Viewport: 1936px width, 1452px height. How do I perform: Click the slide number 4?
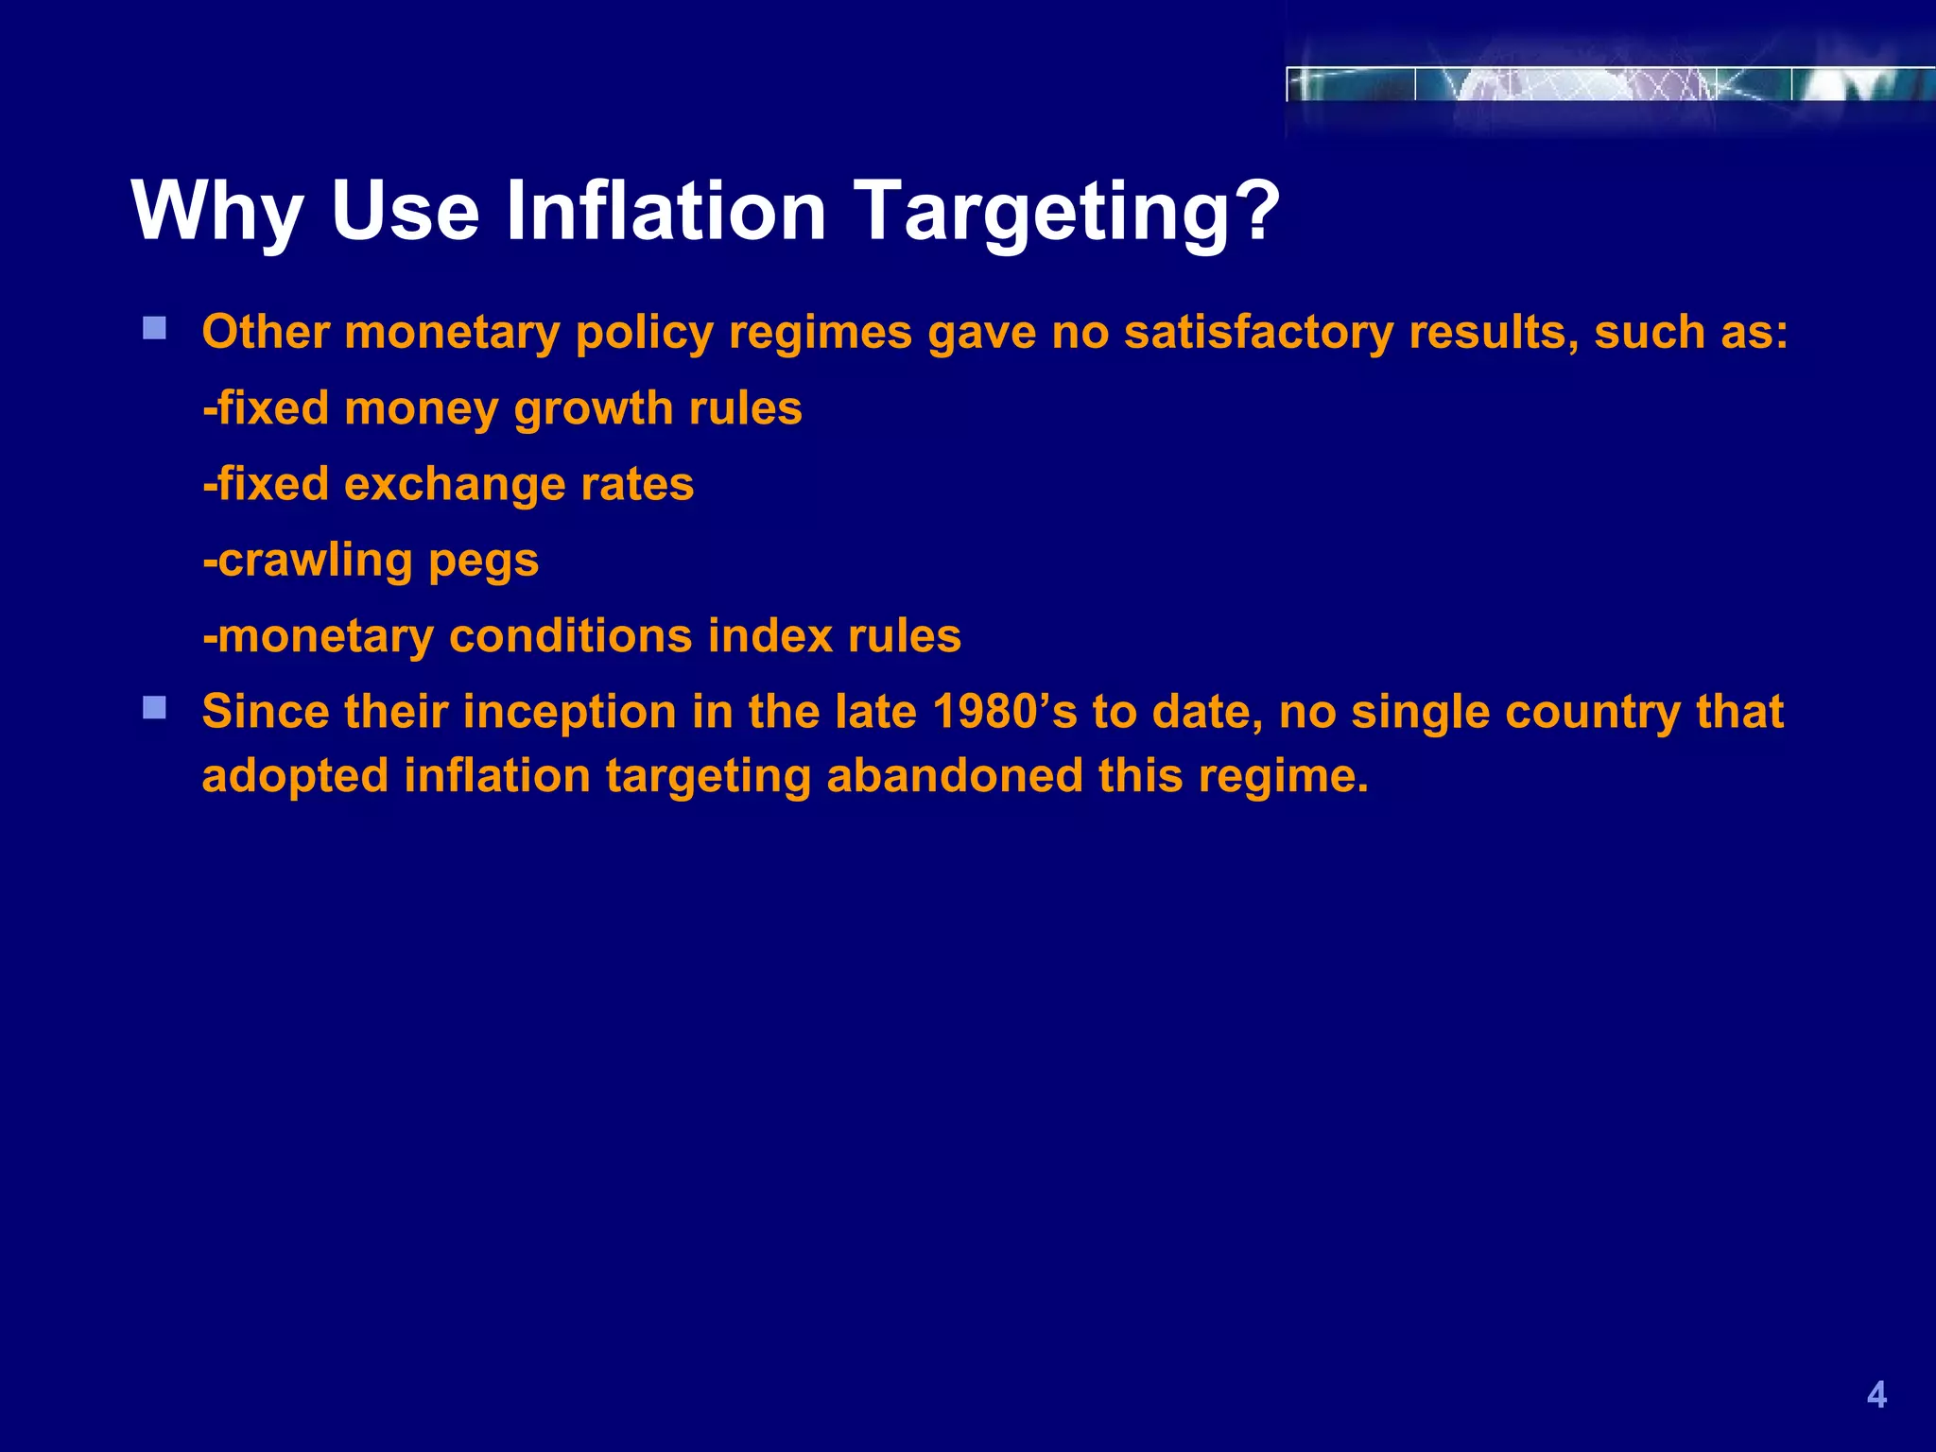1876,1395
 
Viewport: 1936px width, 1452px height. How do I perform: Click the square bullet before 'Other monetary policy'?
155,329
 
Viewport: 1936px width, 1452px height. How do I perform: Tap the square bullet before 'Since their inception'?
155,707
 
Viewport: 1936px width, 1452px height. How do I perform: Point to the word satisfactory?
1258,333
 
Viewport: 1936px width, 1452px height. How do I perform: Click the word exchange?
454,484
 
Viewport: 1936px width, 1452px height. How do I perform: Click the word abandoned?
954,775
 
